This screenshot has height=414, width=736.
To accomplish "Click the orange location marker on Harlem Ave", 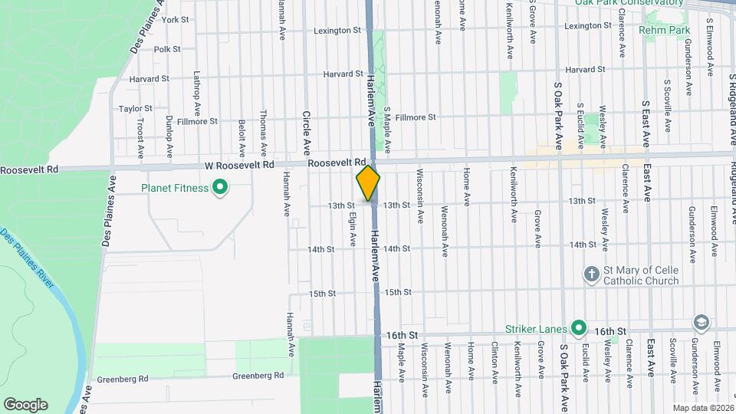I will [368, 184].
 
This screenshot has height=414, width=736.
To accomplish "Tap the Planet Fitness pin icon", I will [221, 187].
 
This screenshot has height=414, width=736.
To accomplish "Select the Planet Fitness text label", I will [175, 188].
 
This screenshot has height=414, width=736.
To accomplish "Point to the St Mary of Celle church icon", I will [591, 274].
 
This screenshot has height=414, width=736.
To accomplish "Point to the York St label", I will [176, 19].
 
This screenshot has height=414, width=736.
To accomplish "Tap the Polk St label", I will [166, 49].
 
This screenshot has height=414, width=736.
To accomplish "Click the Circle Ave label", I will [306, 132].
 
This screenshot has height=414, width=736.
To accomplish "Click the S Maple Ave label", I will [388, 129].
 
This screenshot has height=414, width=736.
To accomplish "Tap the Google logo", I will [25, 405].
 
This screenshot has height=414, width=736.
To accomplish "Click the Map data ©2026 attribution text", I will [702, 408].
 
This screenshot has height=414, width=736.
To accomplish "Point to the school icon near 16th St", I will [700, 322].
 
